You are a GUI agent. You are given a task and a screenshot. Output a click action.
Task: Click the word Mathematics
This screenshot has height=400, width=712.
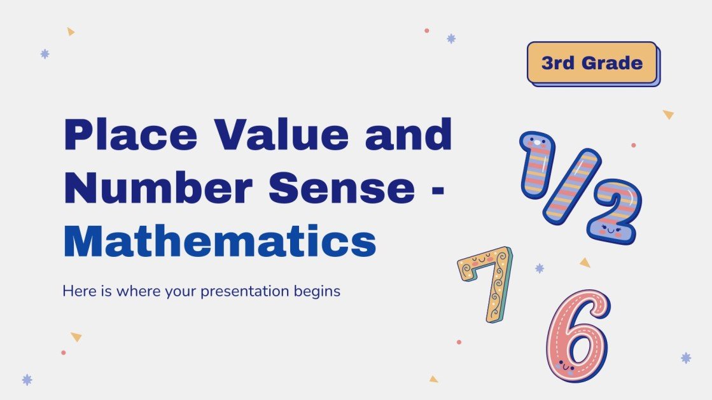(220, 242)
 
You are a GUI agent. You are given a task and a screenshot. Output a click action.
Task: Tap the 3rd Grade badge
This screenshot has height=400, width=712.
(592, 63)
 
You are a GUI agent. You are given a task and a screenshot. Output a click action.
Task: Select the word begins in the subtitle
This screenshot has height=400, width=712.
(319, 293)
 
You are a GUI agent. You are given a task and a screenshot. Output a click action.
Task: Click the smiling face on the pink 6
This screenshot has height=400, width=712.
(565, 366)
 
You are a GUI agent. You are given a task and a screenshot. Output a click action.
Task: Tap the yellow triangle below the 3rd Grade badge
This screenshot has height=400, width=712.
(668, 114)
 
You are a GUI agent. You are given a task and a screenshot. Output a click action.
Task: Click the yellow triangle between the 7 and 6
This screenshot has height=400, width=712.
(585, 262)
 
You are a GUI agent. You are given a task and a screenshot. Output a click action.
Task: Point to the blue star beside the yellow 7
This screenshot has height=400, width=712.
(540, 268)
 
